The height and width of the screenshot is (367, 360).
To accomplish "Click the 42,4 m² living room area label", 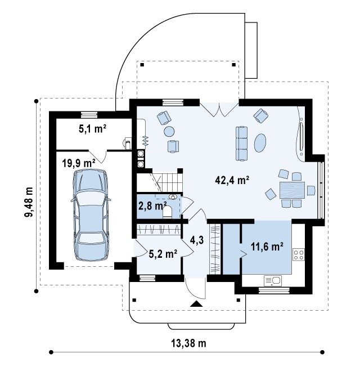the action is [x=232, y=181].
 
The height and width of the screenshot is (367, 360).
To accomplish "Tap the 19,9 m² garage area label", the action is [x=79, y=163].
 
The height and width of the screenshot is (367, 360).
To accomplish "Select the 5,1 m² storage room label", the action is [x=93, y=129].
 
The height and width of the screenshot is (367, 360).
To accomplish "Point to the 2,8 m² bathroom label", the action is [x=152, y=206].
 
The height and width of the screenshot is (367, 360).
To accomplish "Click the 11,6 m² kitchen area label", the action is [x=267, y=247].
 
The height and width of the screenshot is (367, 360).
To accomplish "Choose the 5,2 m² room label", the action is [x=163, y=253].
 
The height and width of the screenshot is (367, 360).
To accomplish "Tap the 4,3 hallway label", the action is [x=196, y=240].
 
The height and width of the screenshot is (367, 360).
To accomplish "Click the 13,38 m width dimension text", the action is [x=188, y=343].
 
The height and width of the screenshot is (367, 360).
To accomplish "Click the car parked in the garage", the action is [x=91, y=215].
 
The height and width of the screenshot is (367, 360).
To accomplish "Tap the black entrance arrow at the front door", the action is [x=196, y=303].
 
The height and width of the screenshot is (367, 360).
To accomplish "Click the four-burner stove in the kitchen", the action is [x=299, y=254].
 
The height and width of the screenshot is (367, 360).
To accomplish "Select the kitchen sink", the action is [x=273, y=281].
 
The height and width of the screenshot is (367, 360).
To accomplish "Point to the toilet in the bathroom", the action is [x=168, y=212].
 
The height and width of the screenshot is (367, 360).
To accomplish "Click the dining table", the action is [x=292, y=190].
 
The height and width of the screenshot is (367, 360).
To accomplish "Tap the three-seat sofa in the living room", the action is [x=241, y=144].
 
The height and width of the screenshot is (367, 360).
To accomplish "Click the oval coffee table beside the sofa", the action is [x=260, y=143].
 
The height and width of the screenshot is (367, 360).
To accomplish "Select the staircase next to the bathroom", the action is [x=160, y=182].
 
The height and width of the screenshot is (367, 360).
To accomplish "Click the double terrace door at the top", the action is [x=219, y=110].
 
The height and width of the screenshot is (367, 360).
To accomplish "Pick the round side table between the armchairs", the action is [x=169, y=131].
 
